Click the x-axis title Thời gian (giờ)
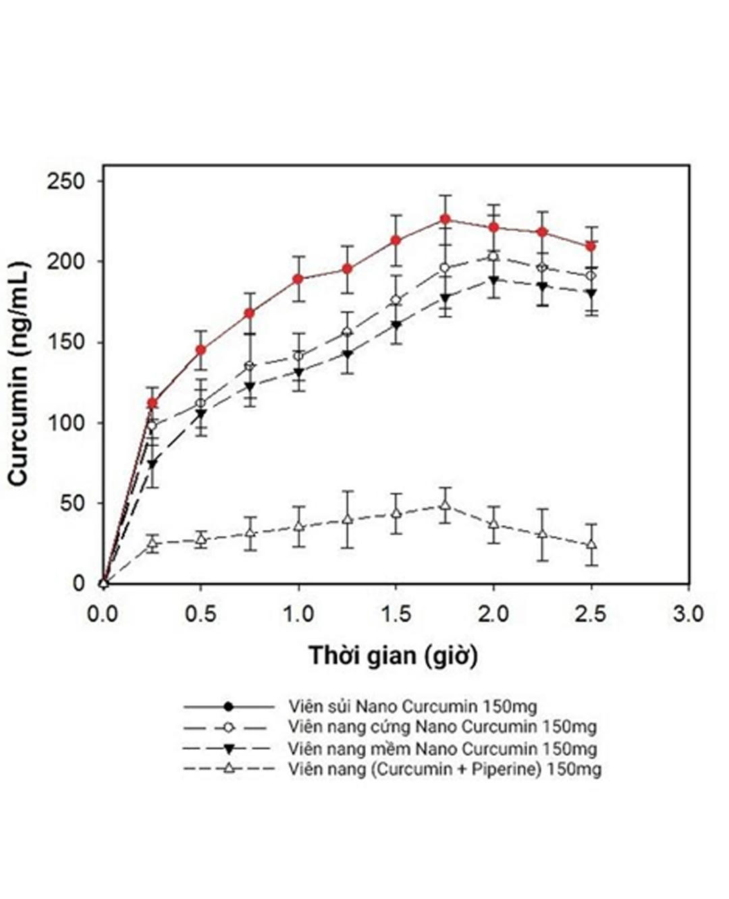394,655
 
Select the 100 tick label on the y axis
65,423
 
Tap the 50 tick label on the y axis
71,503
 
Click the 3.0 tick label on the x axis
688,614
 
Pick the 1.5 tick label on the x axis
396,614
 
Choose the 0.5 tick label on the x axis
200,614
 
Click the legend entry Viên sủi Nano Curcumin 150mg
412,707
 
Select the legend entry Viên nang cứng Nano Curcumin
442,727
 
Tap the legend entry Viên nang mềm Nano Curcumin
442,748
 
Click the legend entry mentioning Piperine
444,769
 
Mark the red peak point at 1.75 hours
446,219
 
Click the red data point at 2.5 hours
591,246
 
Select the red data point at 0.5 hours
200,350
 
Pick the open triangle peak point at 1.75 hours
445,505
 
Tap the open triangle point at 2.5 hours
591,544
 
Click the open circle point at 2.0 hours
493,256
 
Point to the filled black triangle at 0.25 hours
153,464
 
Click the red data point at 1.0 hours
298,279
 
